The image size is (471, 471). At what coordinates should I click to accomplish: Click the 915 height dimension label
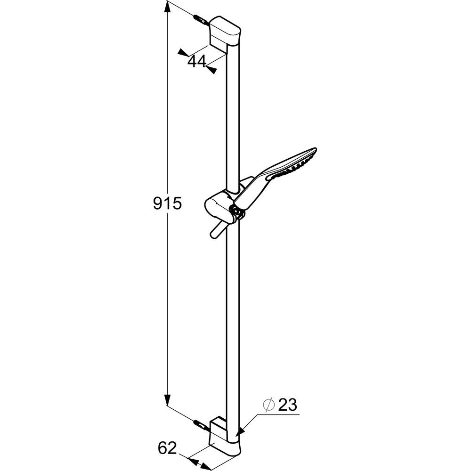click(x=167, y=203)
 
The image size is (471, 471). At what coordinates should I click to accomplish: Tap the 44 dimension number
click(x=197, y=61)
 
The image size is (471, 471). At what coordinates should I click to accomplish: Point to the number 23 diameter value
click(x=287, y=405)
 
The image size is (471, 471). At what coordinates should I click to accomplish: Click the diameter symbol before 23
click(x=269, y=405)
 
